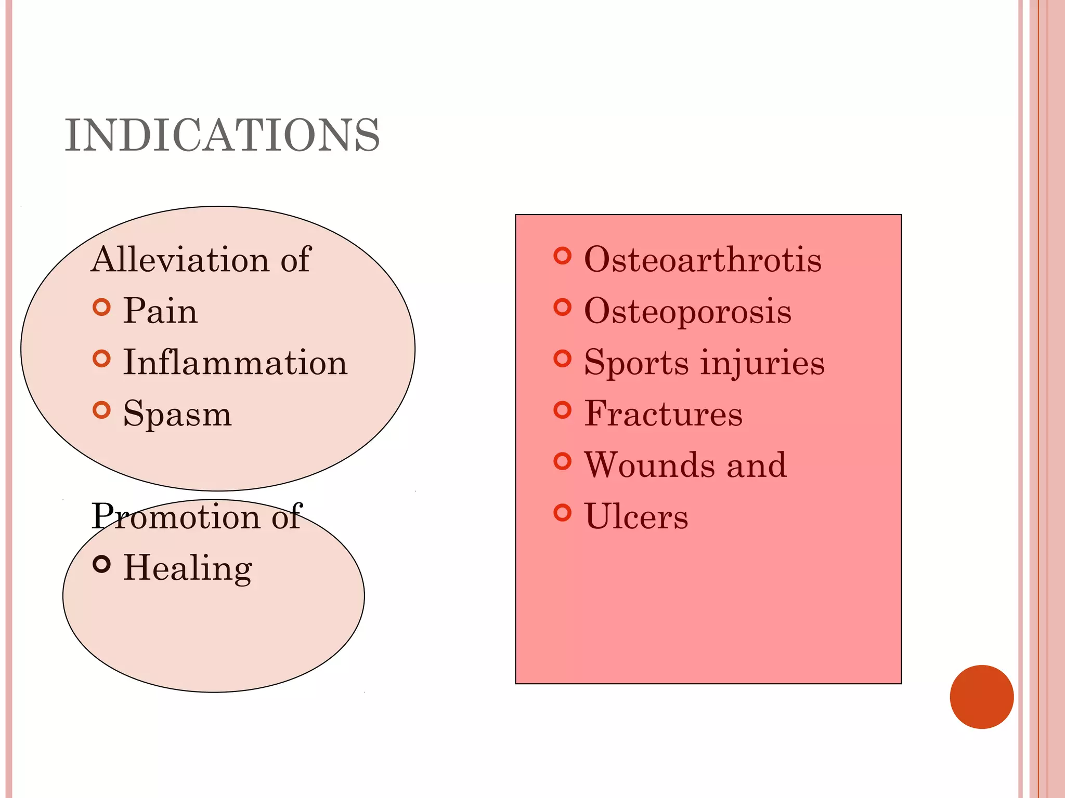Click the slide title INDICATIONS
pyautogui.click(x=222, y=136)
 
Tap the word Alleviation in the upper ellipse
pyautogui.click(x=180, y=259)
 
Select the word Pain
pyautogui.click(x=160, y=311)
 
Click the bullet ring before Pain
pyautogui.click(x=102, y=307)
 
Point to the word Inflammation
pyautogui.click(x=235, y=362)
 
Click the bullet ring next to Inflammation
pyautogui.click(x=102, y=358)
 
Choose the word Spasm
pyautogui.click(x=177, y=414)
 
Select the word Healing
pyautogui.click(x=188, y=567)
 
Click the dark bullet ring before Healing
pyautogui.click(x=102, y=564)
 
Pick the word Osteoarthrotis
pyautogui.click(x=703, y=259)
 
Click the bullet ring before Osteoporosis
pyautogui.click(x=562, y=307)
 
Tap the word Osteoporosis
pyautogui.click(x=687, y=311)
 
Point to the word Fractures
pyautogui.click(x=664, y=414)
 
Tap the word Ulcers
pyautogui.click(x=636, y=516)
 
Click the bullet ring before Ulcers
pyautogui.click(x=562, y=512)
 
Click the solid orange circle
pyautogui.click(x=981, y=697)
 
